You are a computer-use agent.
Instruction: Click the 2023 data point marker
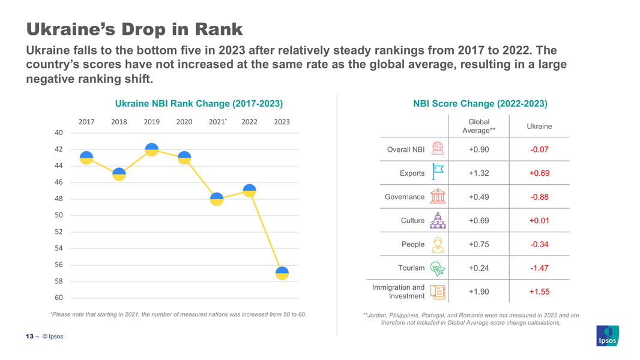282,273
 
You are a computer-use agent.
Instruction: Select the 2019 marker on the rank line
151,149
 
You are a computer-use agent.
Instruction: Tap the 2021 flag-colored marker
217,199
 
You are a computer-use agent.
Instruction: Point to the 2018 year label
119,122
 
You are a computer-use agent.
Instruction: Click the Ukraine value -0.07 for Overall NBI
539,149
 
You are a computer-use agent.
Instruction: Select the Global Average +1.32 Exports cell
478,173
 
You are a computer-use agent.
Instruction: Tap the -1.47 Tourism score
539,268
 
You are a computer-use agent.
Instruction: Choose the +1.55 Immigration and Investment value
539,292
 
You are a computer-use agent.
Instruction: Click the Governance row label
404,197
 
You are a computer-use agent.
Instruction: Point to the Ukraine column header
539,126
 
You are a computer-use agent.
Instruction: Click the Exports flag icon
438,172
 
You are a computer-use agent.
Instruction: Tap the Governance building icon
438,197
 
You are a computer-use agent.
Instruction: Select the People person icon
438,245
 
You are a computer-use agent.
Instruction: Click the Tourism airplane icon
438,268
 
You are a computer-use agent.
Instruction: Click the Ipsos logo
607,336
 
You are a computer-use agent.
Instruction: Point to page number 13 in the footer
29,336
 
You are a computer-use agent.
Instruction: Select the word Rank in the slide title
214,29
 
